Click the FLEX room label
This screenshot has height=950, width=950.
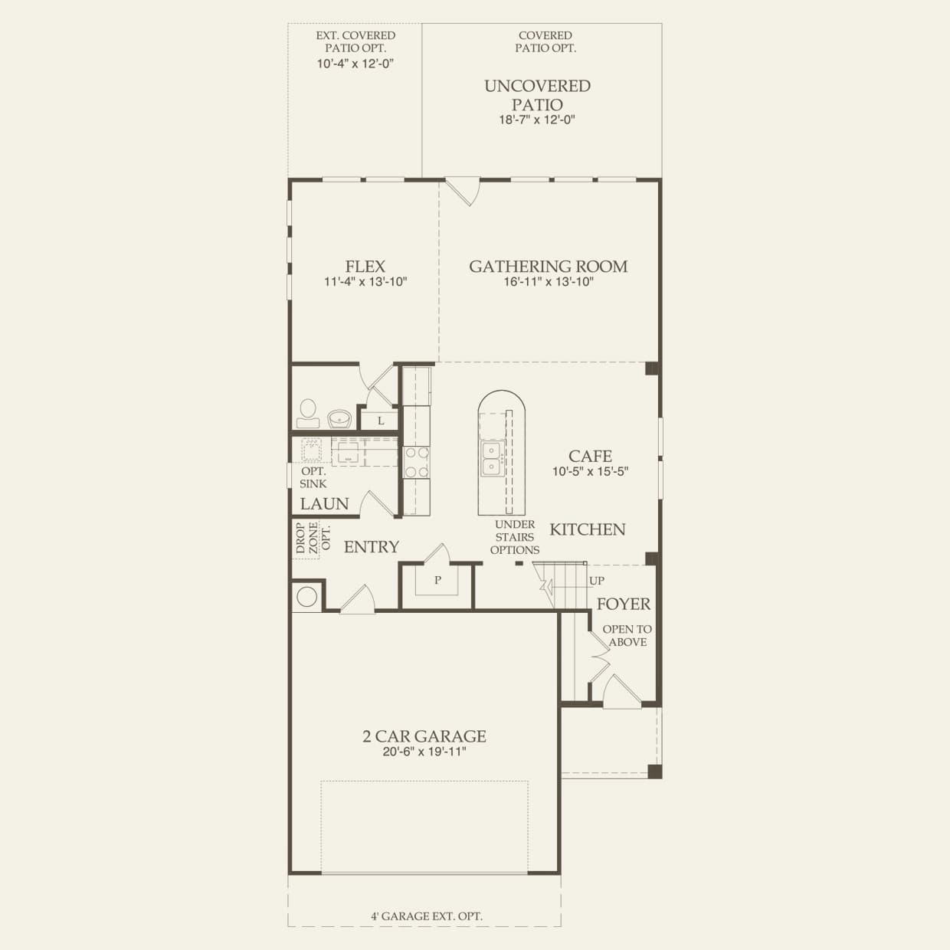pyautogui.click(x=365, y=267)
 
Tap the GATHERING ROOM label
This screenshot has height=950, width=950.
pyautogui.click(x=548, y=267)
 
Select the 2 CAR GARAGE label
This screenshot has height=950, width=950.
pyautogui.click(x=424, y=736)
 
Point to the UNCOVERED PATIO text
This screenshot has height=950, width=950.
pyautogui.click(x=537, y=95)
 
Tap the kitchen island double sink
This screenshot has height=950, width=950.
pyautogui.click(x=490, y=457)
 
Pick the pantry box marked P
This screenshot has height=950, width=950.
pyautogui.click(x=437, y=580)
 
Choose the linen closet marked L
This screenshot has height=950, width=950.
pyautogui.click(x=381, y=421)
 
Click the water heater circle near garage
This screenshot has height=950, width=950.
pyautogui.click(x=307, y=596)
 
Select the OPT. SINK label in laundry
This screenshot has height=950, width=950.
pyautogui.click(x=313, y=477)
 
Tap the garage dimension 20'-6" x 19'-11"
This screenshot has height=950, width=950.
pyautogui.click(x=424, y=752)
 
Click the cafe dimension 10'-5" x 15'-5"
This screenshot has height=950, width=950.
pyautogui.click(x=590, y=472)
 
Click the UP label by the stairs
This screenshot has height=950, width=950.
pyautogui.click(x=596, y=581)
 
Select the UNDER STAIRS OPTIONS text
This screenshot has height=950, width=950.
pyautogui.click(x=515, y=537)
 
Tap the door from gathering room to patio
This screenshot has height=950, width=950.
pyautogui.click(x=463, y=191)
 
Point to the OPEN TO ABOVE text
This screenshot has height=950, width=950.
pyautogui.click(x=627, y=636)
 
